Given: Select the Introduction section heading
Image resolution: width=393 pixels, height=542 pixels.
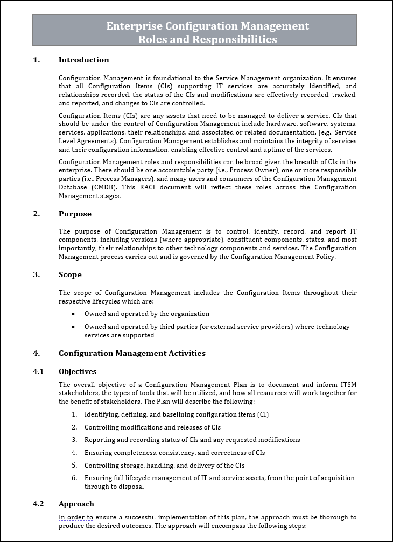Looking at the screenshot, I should click(83, 60).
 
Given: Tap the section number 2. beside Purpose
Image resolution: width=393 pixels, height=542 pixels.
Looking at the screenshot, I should click(37, 214).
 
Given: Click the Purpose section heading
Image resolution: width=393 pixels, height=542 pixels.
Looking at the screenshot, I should click(75, 214).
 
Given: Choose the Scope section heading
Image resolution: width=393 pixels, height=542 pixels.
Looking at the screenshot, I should click(70, 274).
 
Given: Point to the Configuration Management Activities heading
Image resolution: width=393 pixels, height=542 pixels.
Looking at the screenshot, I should click(132, 353).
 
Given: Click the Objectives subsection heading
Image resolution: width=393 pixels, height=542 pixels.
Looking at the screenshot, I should click(78, 371).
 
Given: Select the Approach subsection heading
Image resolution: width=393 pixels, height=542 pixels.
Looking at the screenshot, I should click(76, 504).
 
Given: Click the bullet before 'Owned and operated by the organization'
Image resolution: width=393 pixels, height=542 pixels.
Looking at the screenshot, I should click(74, 314).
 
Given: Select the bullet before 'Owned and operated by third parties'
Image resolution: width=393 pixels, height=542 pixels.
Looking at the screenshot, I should click(74, 327).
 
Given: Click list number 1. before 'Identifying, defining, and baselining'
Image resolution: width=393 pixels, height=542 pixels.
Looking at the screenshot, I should click(74, 414).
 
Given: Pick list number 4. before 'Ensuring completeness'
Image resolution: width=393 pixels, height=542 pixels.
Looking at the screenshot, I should click(74, 453).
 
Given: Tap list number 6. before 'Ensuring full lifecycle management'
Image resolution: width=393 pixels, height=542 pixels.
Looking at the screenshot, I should click(74, 478).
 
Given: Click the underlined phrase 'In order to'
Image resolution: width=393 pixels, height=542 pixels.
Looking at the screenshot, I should click(75, 517).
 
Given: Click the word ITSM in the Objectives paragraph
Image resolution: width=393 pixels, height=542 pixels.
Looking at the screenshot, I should click(348, 384).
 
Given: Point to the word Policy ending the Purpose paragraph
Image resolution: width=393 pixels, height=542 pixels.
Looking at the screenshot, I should click(324, 257).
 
